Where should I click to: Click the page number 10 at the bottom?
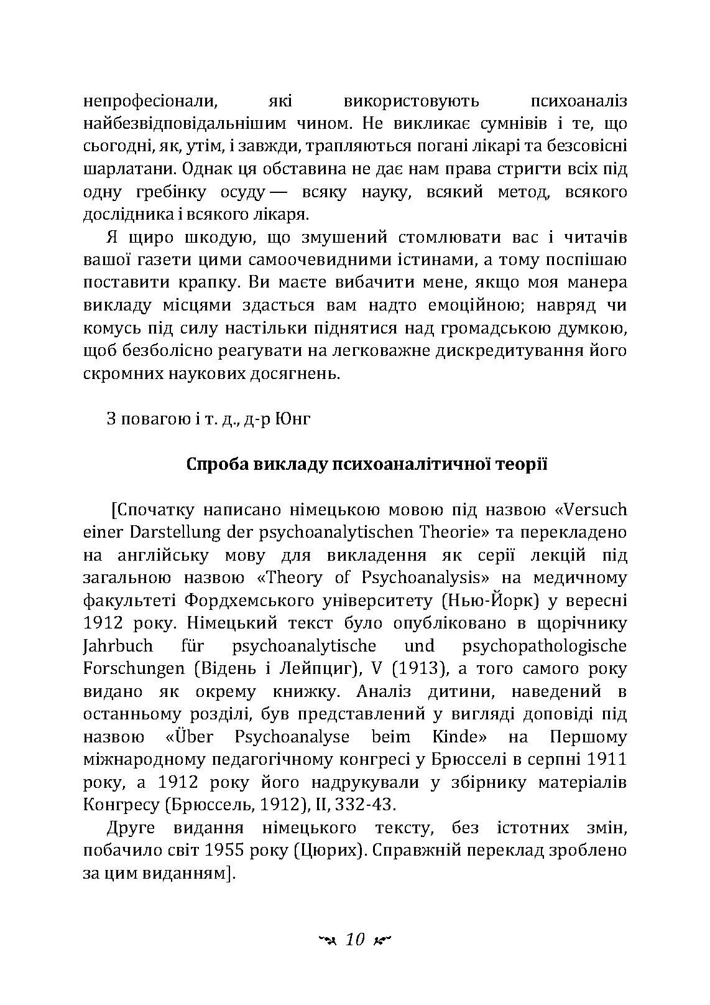[x=354, y=940]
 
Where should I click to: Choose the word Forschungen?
[x=134, y=669]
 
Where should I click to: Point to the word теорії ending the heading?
[x=522, y=465]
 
